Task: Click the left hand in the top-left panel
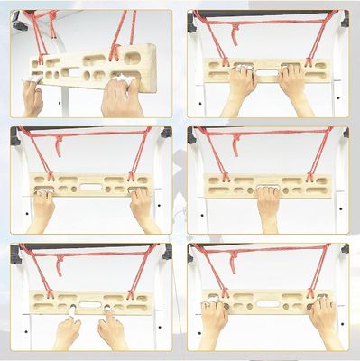(32, 97)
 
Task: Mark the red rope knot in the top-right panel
(235, 35)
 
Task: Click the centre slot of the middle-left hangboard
(90, 187)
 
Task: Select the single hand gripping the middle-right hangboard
(268, 207)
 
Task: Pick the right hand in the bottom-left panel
(113, 329)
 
